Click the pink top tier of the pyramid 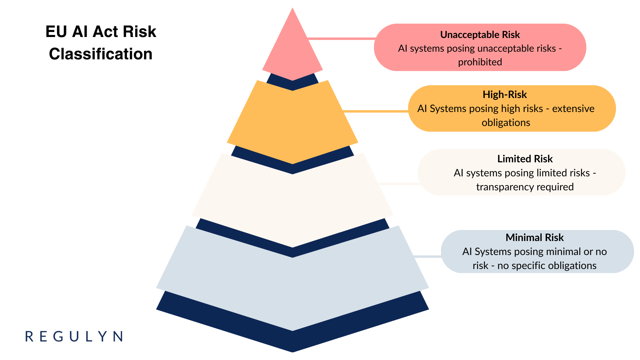(292, 50)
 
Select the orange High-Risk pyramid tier (292, 123)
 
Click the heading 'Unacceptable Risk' (480, 35)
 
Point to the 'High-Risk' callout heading (505, 95)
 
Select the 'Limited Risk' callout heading (525, 159)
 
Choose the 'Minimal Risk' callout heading (535, 238)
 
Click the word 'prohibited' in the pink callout (480, 62)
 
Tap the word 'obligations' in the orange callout (506, 123)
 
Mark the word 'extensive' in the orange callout (573, 109)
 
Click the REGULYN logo (74, 336)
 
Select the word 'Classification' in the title (101, 54)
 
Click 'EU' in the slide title (56, 32)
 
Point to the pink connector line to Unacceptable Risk (342, 39)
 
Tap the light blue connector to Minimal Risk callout (428, 256)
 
